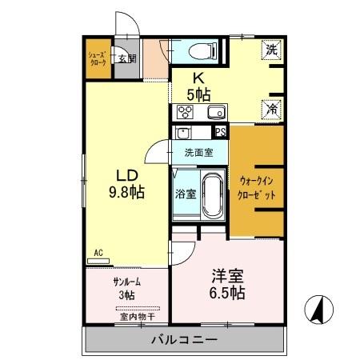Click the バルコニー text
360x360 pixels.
click(x=184, y=340)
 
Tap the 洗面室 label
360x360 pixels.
click(x=198, y=151)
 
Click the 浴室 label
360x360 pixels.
click(x=184, y=193)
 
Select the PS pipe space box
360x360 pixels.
click(x=221, y=133)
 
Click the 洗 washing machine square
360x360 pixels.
click(x=272, y=50)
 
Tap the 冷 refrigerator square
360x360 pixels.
click(x=272, y=107)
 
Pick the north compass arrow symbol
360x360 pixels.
click(x=318, y=310)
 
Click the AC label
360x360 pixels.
click(x=98, y=254)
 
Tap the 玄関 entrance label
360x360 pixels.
click(x=126, y=58)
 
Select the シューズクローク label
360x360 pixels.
click(x=98, y=58)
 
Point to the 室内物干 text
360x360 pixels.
click(x=137, y=317)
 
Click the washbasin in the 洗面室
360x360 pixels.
click(x=183, y=134)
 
